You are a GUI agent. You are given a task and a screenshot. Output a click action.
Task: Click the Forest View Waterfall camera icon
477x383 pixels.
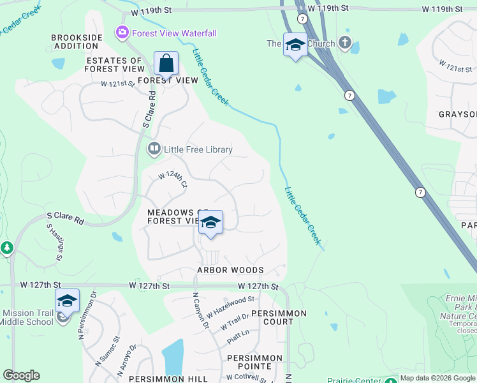[121, 33]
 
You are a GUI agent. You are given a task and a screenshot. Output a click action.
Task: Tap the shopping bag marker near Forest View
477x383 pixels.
[166, 64]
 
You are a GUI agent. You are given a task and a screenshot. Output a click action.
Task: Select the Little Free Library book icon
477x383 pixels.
[154, 149]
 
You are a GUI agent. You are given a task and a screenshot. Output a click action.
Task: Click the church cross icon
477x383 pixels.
[345, 43]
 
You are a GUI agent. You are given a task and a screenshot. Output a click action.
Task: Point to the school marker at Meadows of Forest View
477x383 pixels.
[210, 223]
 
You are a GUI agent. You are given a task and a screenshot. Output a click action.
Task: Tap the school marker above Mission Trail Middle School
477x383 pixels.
[67, 301]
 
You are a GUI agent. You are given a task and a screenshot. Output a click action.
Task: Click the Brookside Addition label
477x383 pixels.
[77, 42]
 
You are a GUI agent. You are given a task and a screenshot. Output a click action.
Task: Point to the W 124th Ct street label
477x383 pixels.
[173, 179]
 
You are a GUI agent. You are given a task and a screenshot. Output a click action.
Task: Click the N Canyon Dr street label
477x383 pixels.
[201, 311]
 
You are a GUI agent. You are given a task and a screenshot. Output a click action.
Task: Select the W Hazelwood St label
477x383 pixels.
[230, 303]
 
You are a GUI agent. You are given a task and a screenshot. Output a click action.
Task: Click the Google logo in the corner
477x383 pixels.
[21, 375]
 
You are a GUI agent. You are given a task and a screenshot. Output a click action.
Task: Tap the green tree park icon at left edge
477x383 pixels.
[7, 248]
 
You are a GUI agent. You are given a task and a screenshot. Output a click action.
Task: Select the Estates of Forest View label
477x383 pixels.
[116, 64]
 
